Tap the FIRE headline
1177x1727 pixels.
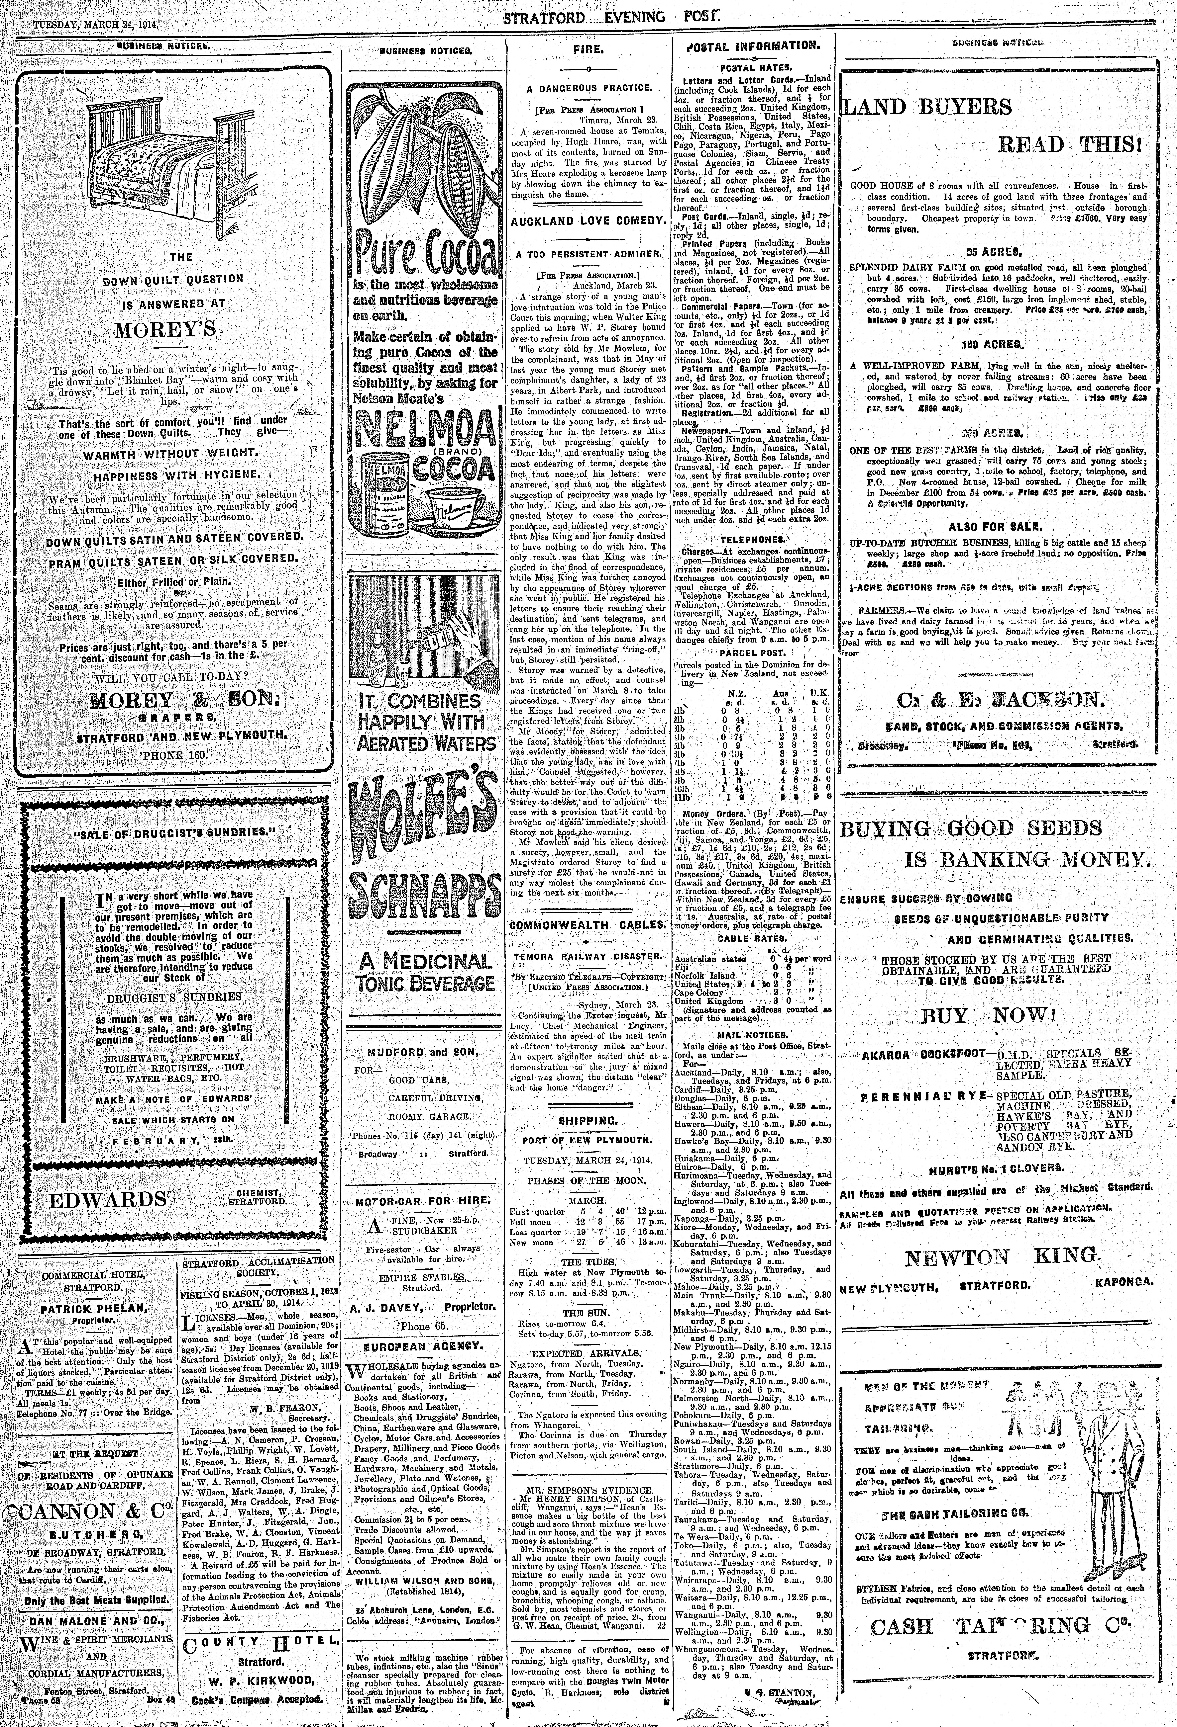(587, 49)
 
